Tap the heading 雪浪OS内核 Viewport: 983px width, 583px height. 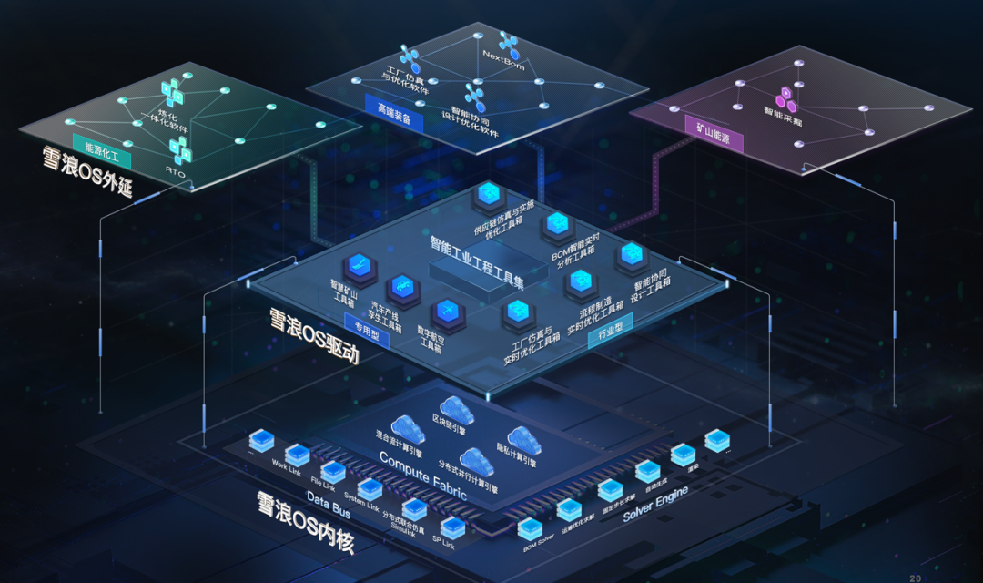coord(305,525)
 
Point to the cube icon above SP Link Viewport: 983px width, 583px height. coord(452,527)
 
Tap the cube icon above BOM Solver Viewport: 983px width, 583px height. coord(529,527)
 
